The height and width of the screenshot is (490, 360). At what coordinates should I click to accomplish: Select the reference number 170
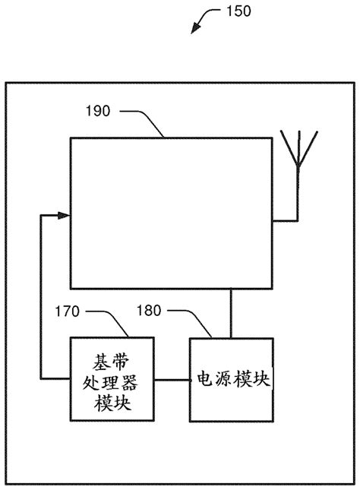(x=68, y=311)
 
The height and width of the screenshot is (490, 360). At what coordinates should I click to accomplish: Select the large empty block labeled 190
(x=171, y=213)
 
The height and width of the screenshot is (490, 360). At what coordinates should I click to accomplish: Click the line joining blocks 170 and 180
(x=172, y=378)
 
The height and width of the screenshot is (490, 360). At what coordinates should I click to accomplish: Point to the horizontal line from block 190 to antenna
(x=285, y=221)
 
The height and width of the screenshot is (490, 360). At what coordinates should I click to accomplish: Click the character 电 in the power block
(x=205, y=378)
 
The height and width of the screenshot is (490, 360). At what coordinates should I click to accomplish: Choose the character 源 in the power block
(x=224, y=378)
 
